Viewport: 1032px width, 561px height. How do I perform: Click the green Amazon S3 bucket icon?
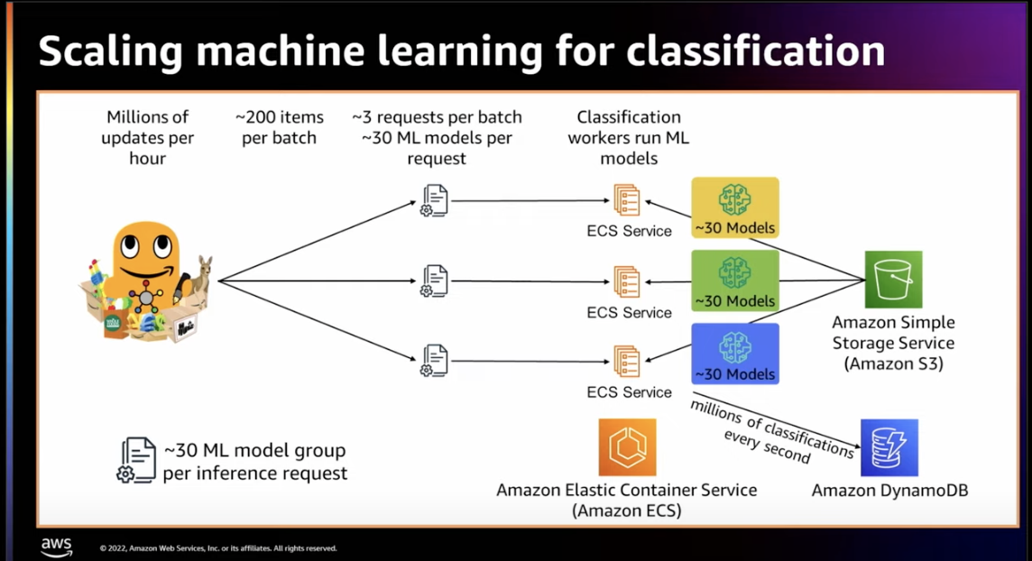coord(893,279)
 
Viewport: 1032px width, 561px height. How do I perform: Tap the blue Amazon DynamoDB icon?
coord(889,447)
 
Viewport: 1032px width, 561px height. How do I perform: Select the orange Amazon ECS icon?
coord(627,447)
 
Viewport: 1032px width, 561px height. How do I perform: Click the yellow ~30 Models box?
coord(735,207)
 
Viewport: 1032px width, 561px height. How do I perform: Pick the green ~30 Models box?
coord(735,280)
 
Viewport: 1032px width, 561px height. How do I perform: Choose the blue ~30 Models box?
coord(735,354)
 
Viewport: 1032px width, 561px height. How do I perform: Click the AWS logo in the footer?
coord(57,547)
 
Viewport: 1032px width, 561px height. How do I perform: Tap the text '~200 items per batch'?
coord(279,127)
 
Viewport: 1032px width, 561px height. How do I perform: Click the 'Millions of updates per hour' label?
coord(148,137)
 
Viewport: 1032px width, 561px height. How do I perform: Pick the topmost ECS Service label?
coord(629,231)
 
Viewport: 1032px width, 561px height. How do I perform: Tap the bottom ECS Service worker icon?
coord(627,361)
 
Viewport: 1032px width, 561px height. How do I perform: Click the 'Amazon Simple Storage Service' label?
coord(893,333)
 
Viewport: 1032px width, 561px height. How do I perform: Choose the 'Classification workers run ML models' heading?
coord(629,137)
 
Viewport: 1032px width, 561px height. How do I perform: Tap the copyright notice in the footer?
coord(218,547)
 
